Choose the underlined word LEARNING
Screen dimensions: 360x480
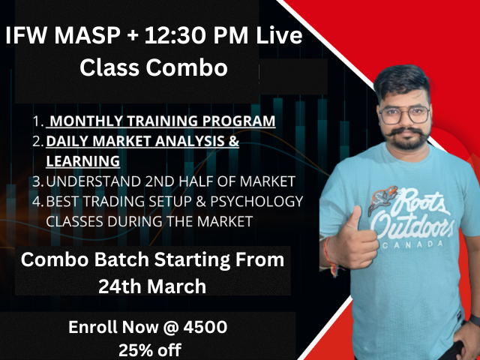click(x=82, y=160)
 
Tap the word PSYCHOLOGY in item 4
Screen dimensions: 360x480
click(x=257, y=201)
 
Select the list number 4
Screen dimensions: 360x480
click(x=37, y=201)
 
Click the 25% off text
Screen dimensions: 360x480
click(x=149, y=349)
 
